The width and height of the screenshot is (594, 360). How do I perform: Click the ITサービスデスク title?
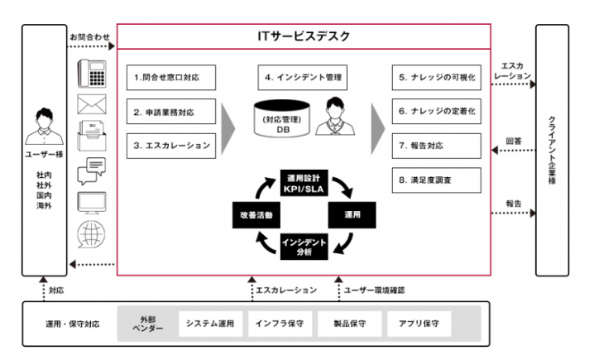pyautogui.click(x=304, y=36)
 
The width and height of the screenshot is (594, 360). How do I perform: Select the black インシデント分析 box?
pyautogui.click(x=303, y=247)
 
